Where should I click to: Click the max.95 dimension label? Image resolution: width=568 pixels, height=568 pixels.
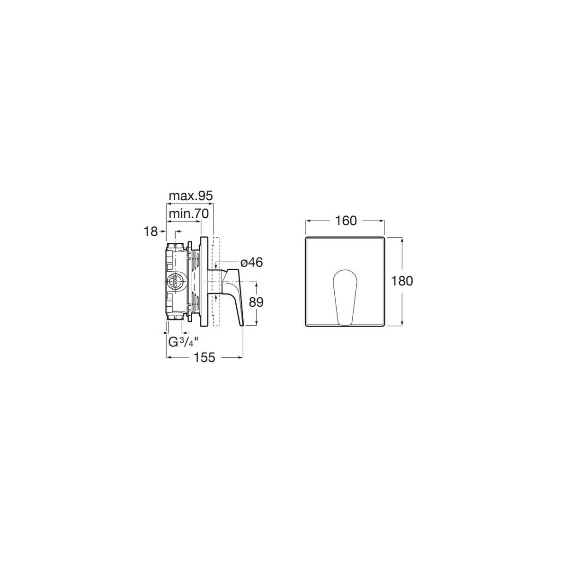(x=190, y=196)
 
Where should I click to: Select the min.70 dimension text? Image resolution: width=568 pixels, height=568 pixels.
(x=188, y=213)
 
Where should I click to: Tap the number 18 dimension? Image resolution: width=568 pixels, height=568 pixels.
(x=151, y=231)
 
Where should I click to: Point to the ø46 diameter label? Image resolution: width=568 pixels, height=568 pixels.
(x=251, y=262)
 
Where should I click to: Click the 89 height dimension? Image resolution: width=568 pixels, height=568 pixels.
(x=256, y=302)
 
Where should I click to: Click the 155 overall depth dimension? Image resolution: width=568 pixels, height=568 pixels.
(x=205, y=357)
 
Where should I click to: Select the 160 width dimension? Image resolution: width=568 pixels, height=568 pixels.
(x=346, y=221)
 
